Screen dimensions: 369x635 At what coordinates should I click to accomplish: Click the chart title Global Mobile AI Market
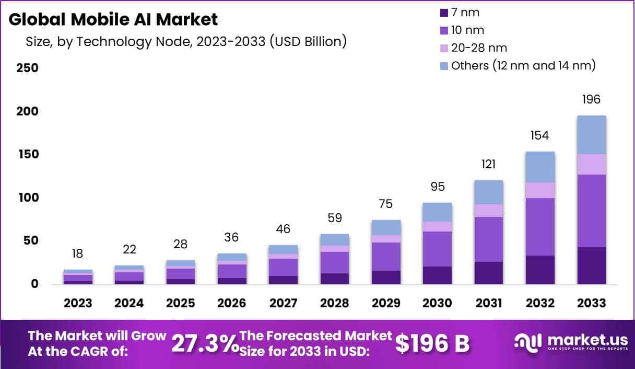click(x=113, y=19)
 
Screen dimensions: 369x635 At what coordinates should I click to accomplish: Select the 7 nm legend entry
click(x=460, y=12)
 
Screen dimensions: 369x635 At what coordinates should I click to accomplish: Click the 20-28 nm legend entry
click(x=473, y=48)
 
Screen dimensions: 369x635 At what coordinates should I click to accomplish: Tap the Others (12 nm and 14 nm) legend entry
click(x=518, y=65)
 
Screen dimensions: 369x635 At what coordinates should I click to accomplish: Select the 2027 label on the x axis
click(x=283, y=303)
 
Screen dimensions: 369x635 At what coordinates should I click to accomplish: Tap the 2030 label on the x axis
click(x=437, y=303)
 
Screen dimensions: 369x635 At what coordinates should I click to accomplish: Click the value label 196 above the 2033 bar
click(x=591, y=99)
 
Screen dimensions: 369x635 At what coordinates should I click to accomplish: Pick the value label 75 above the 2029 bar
click(x=386, y=204)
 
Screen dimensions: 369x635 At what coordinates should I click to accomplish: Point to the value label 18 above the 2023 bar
click(x=78, y=254)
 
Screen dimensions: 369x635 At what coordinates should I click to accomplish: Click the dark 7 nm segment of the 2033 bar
click(x=591, y=266)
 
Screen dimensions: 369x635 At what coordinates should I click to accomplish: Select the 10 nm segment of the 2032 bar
click(x=540, y=226)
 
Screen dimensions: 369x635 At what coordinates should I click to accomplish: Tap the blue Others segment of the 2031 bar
click(x=489, y=192)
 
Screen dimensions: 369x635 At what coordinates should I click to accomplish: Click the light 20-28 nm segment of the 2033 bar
click(x=591, y=164)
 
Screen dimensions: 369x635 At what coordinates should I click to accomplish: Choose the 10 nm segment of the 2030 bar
click(x=437, y=249)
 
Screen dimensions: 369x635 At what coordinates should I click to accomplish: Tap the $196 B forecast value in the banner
click(x=432, y=343)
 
